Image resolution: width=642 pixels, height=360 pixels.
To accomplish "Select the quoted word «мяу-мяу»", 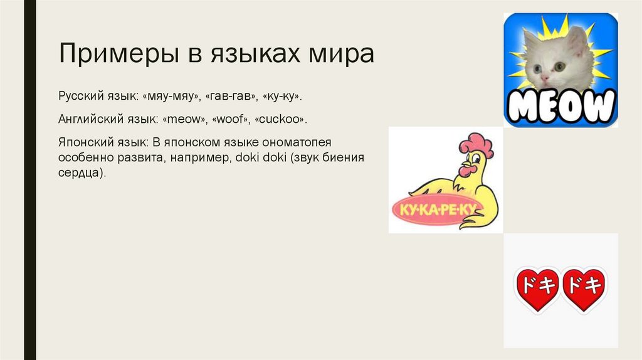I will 169,97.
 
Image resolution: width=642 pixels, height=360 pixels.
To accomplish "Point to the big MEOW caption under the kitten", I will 560,107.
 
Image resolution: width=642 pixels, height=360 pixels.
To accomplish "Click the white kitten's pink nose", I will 544,78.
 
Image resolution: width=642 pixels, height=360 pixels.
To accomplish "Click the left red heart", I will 538,288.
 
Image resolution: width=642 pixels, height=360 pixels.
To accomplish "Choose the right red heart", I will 584,288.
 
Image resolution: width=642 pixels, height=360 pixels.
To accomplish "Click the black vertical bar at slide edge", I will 29,180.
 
